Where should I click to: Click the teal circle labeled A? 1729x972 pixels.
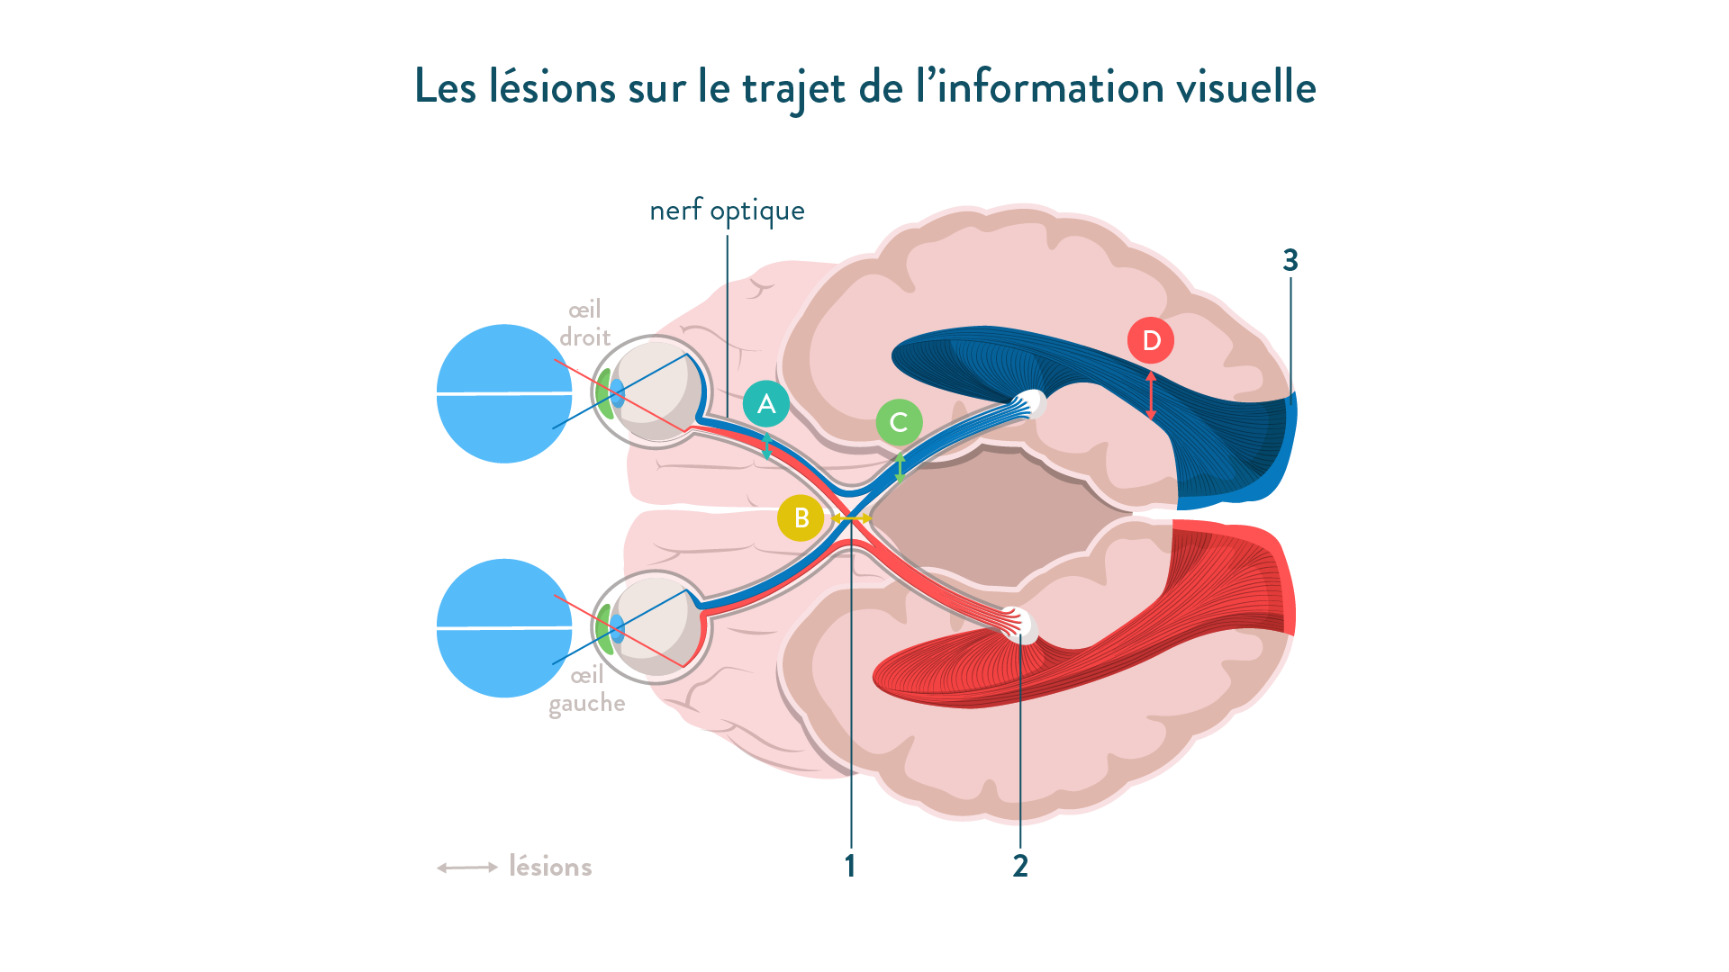point(766,403)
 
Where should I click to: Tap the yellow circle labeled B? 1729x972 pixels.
point(801,518)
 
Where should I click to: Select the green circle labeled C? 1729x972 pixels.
point(899,422)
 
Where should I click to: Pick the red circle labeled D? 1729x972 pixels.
point(1151,340)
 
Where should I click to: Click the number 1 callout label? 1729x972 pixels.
point(849,866)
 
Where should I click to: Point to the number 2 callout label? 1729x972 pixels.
point(1019,866)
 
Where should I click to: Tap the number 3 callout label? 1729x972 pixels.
point(1290,260)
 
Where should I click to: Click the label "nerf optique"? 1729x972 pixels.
point(727,211)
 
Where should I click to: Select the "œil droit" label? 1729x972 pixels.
point(585,324)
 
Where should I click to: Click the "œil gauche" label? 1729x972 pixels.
point(586,689)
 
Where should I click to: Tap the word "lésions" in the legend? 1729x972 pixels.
point(550,867)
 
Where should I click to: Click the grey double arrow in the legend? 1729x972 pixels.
point(467,868)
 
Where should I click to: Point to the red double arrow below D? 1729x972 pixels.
point(1151,395)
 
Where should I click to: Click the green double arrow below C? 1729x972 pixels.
point(899,467)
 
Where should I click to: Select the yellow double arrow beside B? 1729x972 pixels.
point(851,518)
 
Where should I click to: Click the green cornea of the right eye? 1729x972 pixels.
point(603,393)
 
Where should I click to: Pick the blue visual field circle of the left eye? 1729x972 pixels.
point(504,628)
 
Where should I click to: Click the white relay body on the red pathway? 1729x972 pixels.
point(1025,626)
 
